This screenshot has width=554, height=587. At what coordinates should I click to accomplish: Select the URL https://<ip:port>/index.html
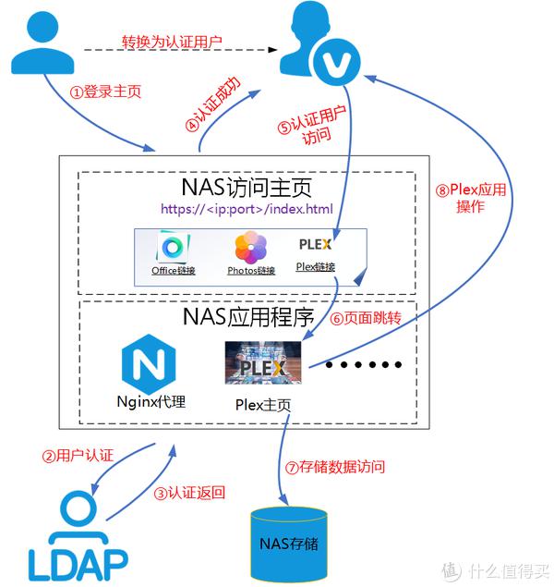pyautogui.click(x=247, y=209)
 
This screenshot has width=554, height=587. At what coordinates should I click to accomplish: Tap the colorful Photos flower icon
pyautogui.click(x=250, y=250)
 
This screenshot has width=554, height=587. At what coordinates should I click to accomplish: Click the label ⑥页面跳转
pyautogui.click(x=366, y=318)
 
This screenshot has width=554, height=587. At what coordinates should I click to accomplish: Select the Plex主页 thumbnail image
pyautogui.click(x=263, y=362)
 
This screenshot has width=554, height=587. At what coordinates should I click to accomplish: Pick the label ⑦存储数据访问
pyautogui.click(x=341, y=467)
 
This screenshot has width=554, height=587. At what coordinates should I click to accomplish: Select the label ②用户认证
pyautogui.click(x=78, y=456)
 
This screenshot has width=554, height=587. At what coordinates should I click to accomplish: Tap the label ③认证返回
pyautogui.click(x=189, y=493)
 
